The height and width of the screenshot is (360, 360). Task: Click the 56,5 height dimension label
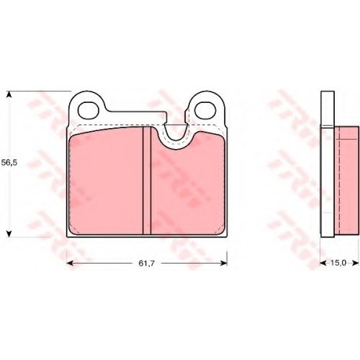coord(9,163)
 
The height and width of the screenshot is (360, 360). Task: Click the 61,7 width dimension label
coord(147,264)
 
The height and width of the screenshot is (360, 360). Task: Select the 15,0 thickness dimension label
coord(338,263)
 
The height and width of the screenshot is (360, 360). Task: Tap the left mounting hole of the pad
coord(89,110)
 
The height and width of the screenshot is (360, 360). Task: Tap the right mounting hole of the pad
coord(205,110)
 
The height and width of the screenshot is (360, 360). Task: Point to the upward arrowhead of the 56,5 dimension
coord(9,94)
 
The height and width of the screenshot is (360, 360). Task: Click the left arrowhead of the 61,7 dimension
coord(70,264)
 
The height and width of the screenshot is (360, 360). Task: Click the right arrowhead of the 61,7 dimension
coord(224,264)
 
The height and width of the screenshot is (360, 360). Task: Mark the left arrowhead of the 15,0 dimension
coord(323,263)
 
